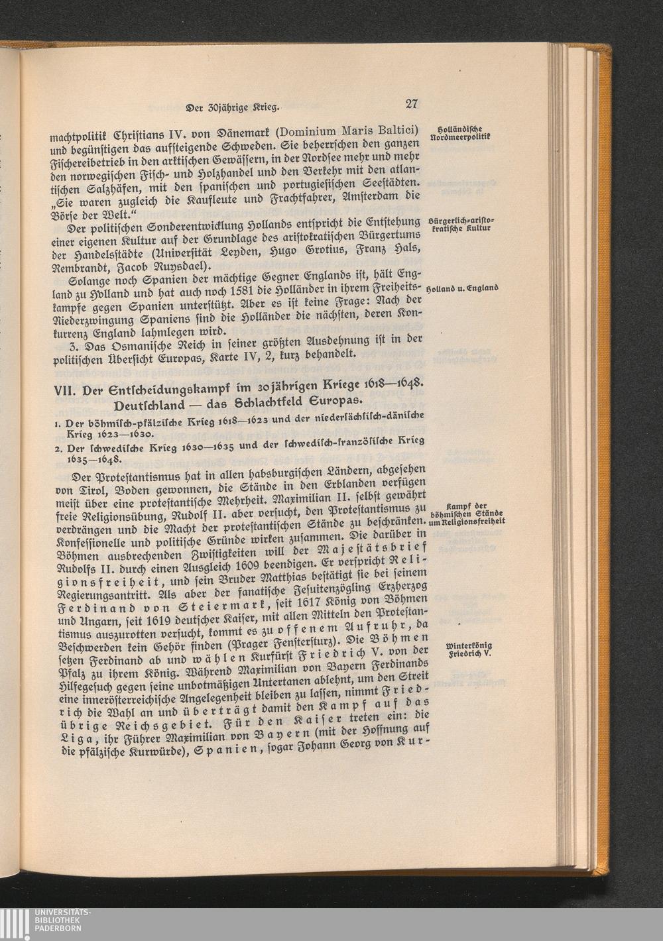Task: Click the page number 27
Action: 410,104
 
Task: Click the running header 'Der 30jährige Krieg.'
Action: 231,105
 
